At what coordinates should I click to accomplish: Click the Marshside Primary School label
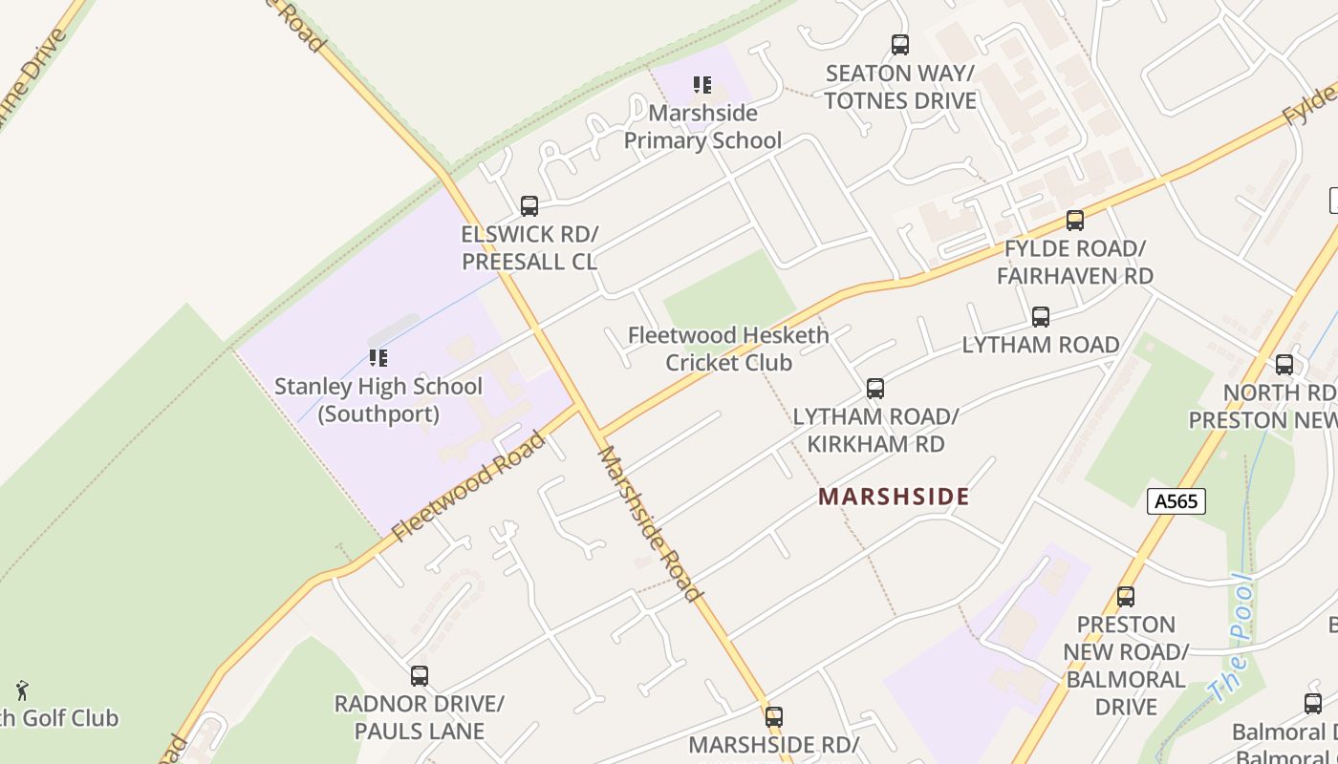click(x=702, y=127)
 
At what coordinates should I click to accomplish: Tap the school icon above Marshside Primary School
click(x=702, y=85)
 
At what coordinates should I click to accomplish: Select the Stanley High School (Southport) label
click(x=378, y=400)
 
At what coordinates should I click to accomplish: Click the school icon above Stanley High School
click(x=378, y=358)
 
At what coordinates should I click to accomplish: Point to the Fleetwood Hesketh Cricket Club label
click(x=728, y=349)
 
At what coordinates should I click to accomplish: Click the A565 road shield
click(x=1176, y=501)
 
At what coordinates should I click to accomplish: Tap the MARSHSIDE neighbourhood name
click(x=894, y=497)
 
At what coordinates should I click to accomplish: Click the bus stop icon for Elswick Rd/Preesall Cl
click(x=529, y=205)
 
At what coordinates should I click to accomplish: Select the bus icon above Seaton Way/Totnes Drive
click(x=899, y=44)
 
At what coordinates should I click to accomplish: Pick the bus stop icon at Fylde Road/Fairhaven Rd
click(x=1074, y=221)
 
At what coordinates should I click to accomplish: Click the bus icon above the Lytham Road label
click(x=1040, y=317)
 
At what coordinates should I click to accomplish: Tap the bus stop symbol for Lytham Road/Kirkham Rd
click(x=874, y=389)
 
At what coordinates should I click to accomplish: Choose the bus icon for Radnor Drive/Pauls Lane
click(x=419, y=676)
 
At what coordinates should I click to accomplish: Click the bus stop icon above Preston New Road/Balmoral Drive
click(x=1126, y=597)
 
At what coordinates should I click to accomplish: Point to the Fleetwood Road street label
click(x=468, y=487)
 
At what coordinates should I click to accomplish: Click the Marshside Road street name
click(x=650, y=524)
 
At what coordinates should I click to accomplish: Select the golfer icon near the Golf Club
click(x=22, y=690)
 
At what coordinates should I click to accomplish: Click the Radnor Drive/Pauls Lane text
click(x=419, y=717)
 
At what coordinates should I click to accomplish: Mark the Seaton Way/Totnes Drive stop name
click(x=899, y=87)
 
